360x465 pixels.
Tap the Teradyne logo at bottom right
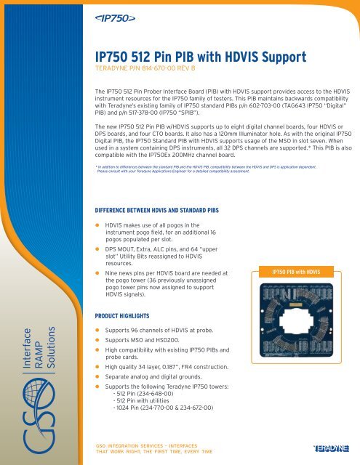[x=335, y=449]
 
